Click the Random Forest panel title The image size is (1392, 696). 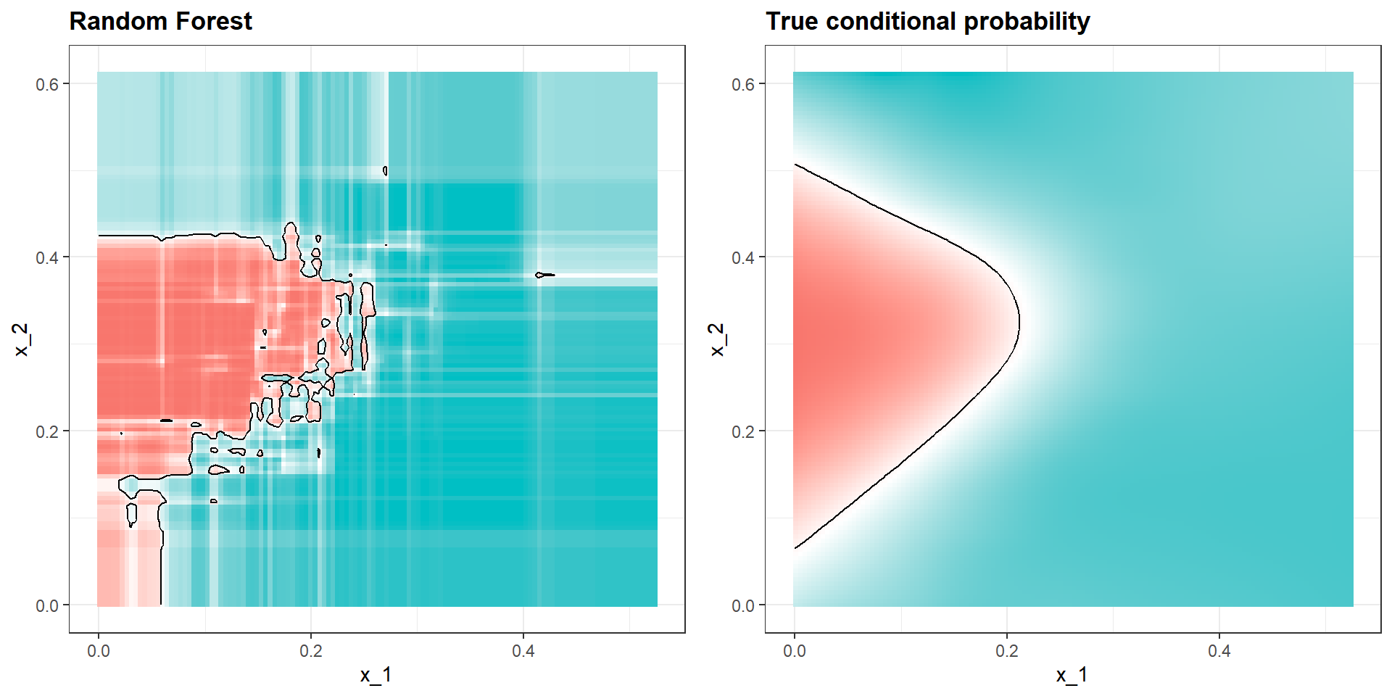click(x=160, y=21)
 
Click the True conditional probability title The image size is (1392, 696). click(x=927, y=21)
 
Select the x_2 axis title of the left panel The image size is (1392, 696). click(x=21, y=339)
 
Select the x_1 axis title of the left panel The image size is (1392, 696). click(x=376, y=675)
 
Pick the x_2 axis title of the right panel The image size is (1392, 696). click(x=716, y=339)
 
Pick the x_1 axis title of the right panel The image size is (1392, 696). click(x=1072, y=675)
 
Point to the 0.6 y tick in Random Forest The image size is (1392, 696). click(x=47, y=84)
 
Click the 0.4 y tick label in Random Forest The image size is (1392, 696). click(x=47, y=257)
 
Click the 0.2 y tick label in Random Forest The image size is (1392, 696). click(x=47, y=431)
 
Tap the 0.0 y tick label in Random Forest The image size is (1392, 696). click(x=47, y=605)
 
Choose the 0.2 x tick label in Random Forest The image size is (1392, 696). click(x=310, y=650)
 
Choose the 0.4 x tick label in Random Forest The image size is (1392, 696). click(x=523, y=650)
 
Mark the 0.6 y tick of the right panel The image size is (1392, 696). click(x=743, y=84)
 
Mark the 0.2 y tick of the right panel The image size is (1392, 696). click(x=743, y=431)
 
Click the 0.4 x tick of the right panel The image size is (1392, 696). click(x=1219, y=650)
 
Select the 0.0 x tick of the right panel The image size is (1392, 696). click(x=794, y=650)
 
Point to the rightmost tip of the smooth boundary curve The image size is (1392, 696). click(x=1019, y=321)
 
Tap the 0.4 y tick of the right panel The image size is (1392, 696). click(x=743, y=257)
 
